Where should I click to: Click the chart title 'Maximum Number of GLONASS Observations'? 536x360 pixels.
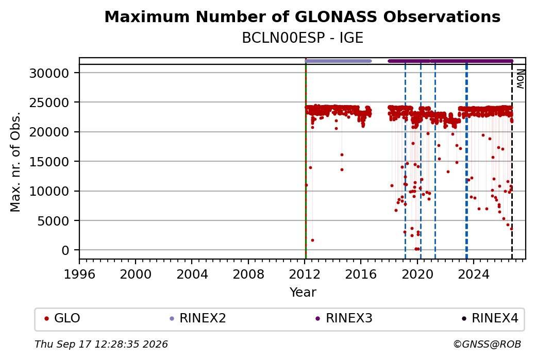pos(302,16)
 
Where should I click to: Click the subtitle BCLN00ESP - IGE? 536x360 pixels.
pos(302,38)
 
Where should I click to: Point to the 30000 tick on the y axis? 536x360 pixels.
pos(49,73)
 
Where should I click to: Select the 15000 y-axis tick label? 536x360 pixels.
pos(49,162)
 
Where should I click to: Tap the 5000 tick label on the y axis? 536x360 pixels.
pos(53,220)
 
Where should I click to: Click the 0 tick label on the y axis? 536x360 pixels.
pos(65,250)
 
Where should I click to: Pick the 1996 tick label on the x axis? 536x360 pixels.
pos(79,275)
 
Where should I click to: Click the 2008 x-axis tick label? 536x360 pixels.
pos(248,275)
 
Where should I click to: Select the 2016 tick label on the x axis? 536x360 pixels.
pos(361,275)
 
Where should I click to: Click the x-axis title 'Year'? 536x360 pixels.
pos(303,293)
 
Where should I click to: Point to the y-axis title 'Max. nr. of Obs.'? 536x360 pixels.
pos(15,162)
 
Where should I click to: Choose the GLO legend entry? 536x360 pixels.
pos(62,318)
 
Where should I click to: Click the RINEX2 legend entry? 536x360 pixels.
pos(198,318)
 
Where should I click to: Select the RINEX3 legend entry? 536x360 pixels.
pos(344,318)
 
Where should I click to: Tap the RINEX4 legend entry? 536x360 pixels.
pos(490,318)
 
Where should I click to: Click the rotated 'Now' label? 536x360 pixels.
pos(520,79)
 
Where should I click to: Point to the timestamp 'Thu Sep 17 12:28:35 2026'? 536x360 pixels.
pos(101,344)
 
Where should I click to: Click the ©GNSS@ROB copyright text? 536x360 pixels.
pos(487,344)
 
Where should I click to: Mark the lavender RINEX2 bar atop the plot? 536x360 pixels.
pos(338,61)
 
